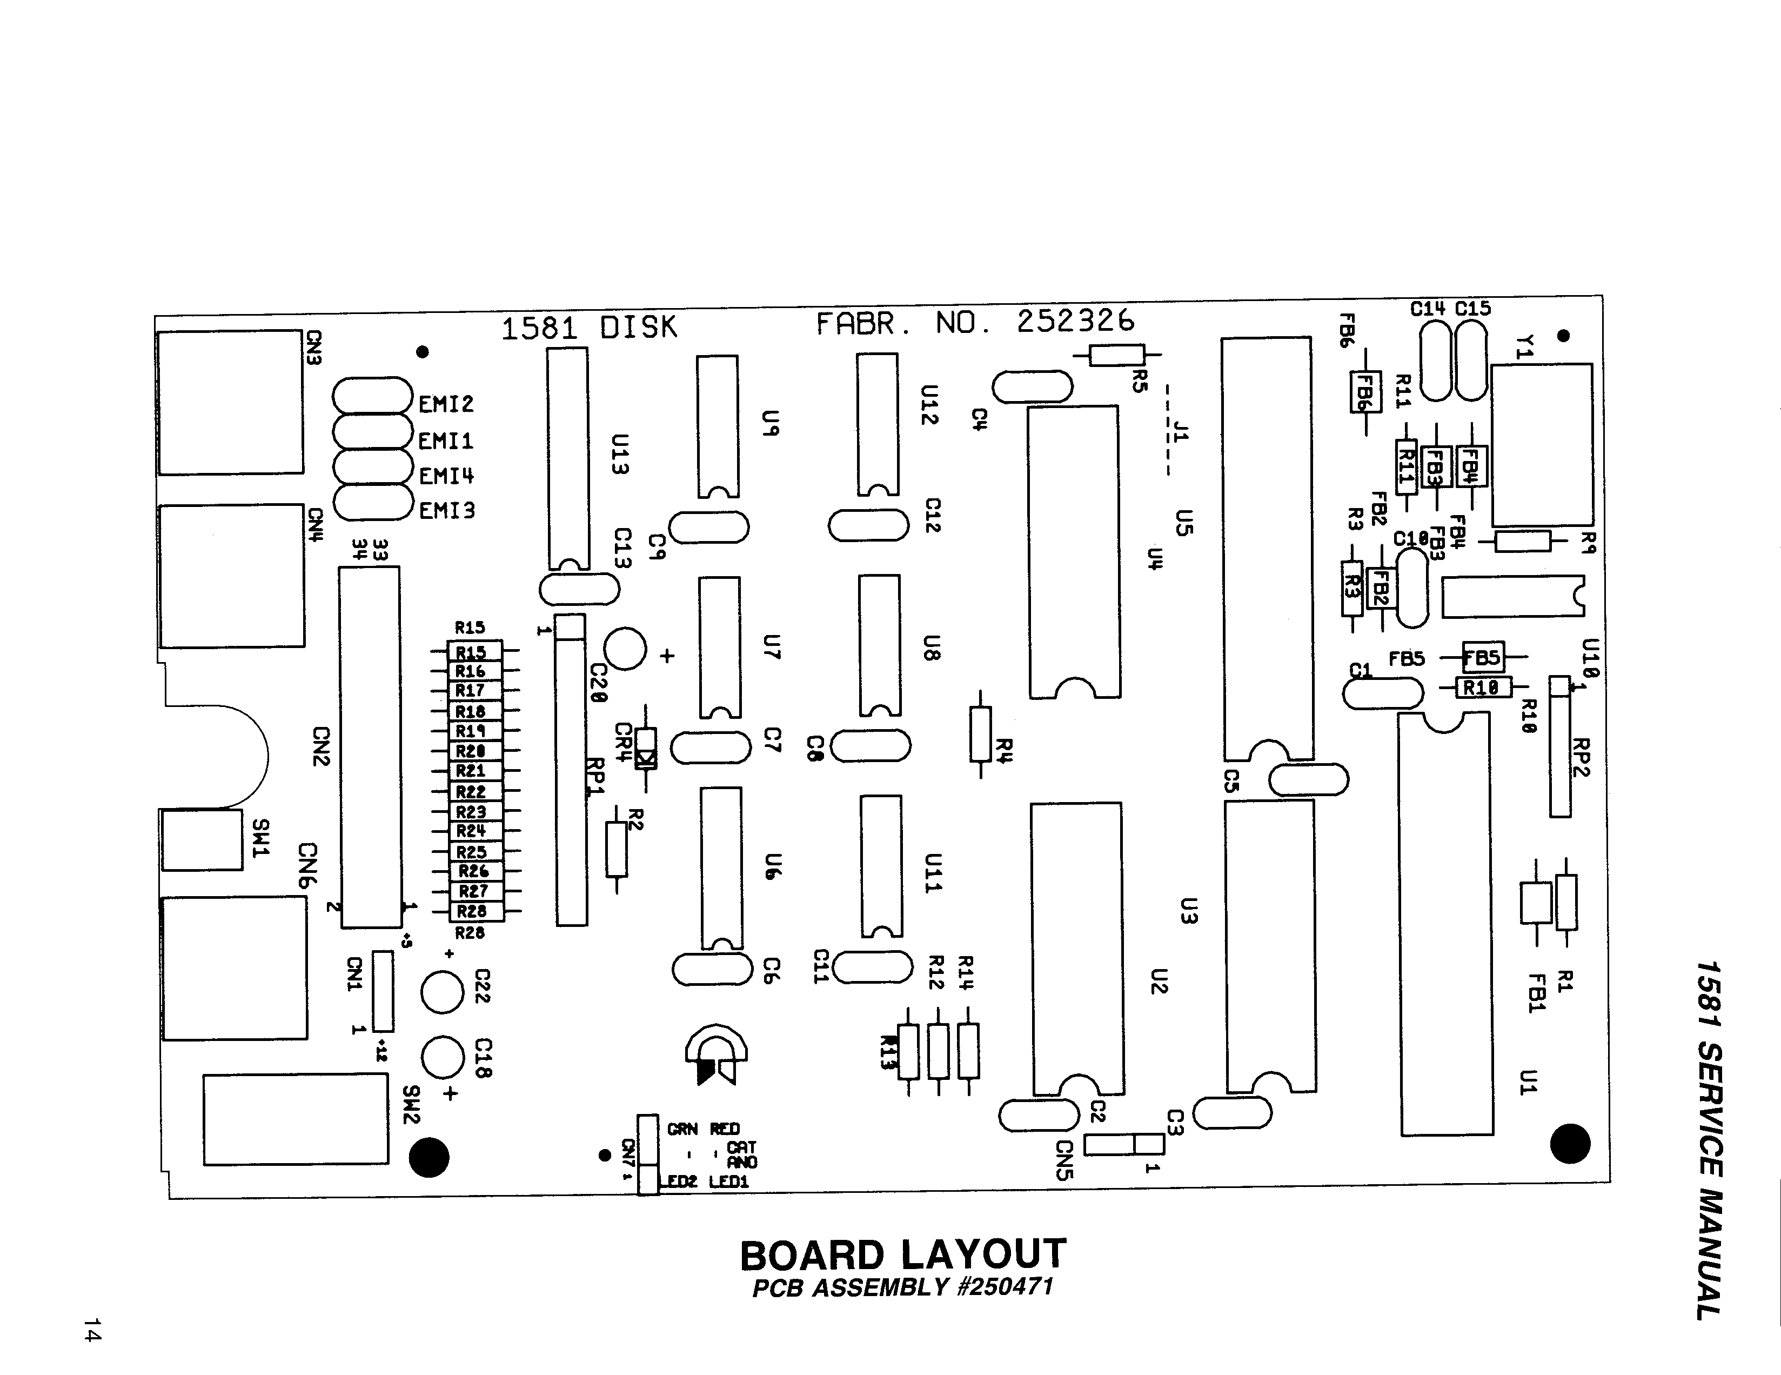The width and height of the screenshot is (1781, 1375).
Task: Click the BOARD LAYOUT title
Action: coord(903,1255)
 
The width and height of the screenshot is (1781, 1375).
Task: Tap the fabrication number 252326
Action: coord(1075,322)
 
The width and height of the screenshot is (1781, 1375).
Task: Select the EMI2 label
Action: coord(446,404)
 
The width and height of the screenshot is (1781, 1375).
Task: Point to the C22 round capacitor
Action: coord(442,992)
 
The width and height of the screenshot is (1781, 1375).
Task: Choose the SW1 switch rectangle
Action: coord(202,839)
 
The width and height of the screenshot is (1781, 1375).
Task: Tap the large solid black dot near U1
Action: coord(1569,1143)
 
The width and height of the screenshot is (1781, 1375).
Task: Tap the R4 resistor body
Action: coord(980,734)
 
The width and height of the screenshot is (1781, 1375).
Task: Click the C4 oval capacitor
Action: coord(1033,386)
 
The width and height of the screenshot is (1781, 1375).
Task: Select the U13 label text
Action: coord(620,454)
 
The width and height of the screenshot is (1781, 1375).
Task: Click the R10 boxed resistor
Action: coord(1483,687)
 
